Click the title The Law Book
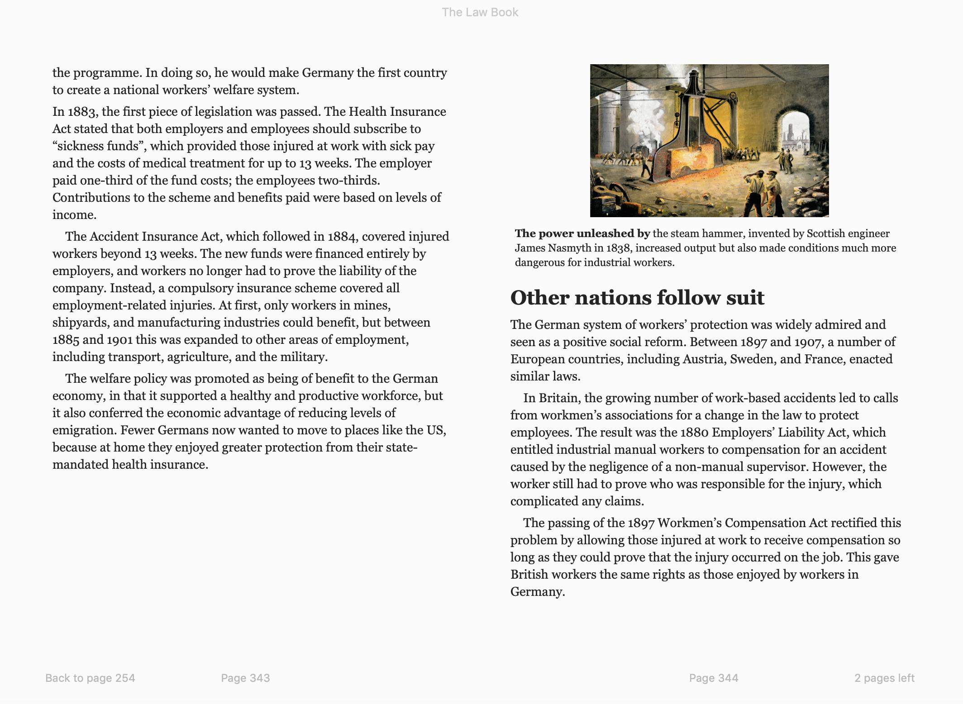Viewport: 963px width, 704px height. coord(480,12)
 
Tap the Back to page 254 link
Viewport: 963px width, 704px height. coord(90,678)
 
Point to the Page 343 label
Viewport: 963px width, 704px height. coord(245,678)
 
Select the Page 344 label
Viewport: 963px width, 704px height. coord(713,678)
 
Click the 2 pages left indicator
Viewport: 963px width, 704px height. coord(884,678)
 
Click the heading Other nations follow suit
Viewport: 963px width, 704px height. coord(637,298)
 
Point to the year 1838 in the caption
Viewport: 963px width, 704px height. coord(619,248)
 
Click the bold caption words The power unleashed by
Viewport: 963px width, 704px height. coord(582,233)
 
